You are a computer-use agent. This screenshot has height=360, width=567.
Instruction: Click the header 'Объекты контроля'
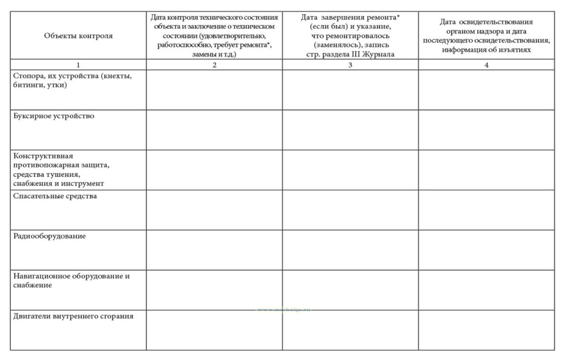78,36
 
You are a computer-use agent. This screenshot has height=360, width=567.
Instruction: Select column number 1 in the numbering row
78,65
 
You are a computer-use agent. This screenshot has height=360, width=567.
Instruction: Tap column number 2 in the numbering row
214,65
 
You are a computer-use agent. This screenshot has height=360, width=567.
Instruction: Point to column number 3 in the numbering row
350,65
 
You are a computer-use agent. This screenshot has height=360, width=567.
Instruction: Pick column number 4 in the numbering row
486,65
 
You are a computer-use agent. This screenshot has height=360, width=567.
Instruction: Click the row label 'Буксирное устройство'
54,116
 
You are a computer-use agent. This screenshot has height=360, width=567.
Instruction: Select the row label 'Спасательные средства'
55,196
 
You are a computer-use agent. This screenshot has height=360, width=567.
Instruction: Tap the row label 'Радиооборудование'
49,236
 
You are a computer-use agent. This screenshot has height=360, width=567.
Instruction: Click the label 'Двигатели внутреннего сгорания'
73,316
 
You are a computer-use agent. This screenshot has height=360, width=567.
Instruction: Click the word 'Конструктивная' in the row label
43,156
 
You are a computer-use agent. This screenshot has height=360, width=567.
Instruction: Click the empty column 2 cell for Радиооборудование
214,250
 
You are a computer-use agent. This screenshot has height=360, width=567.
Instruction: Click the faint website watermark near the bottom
284,310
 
